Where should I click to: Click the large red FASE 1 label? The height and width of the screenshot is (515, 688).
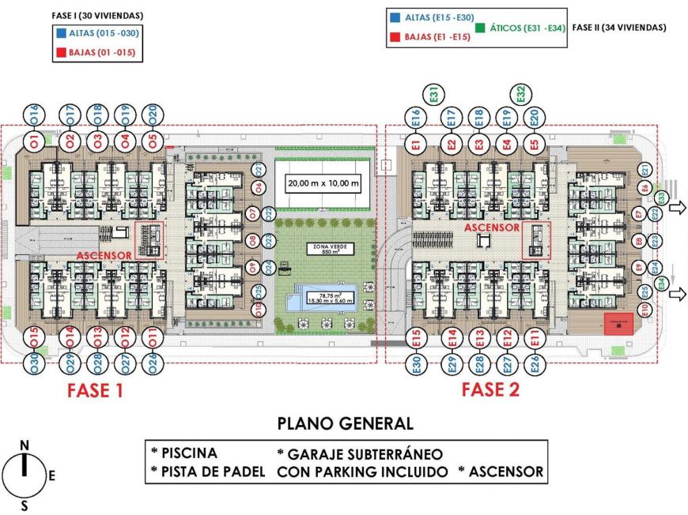[x=95, y=389]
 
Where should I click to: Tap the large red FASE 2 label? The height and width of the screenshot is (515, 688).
[x=490, y=389]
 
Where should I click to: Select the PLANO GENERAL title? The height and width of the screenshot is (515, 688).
[x=345, y=423]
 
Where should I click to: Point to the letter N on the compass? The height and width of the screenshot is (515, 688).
[x=25, y=446]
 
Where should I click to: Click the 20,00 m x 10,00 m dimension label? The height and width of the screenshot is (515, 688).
[x=323, y=185]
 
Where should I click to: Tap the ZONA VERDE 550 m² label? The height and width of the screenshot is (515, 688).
[x=331, y=250]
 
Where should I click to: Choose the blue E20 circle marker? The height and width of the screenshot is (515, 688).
[x=535, y=118]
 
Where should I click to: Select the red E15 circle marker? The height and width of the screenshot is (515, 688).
[x=416, y=339]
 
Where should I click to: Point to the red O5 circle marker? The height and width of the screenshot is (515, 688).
[x=153, y=141]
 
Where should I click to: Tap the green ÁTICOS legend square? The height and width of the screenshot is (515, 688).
[x=481, y=28]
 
